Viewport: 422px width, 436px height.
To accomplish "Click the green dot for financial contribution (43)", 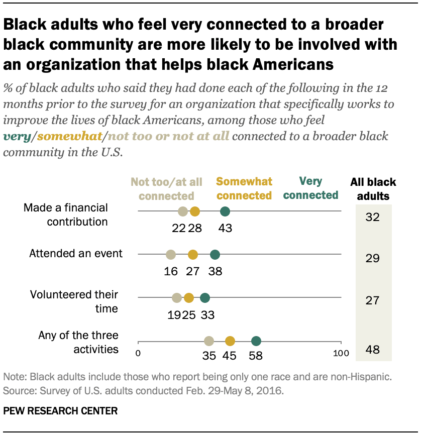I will point(225,212).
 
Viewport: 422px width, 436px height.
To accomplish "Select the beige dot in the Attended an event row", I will point(171,255).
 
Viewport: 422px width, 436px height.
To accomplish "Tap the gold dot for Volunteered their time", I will point(189,298).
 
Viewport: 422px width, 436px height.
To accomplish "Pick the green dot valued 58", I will point(256,341).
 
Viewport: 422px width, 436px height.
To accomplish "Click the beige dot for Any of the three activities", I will point(209,341).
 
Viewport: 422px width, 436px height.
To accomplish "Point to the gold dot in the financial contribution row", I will point(195,212).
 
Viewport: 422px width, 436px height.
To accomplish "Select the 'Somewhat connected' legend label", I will point(244,188).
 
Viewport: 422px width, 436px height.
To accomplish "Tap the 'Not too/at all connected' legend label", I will point(166,189).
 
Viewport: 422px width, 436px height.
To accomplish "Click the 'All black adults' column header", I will point(373,189).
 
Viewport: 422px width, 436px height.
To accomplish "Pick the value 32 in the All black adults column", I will point(373,217).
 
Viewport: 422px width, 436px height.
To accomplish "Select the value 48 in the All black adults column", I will point(373,350).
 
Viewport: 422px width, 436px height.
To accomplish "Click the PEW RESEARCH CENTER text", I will point(60,411).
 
